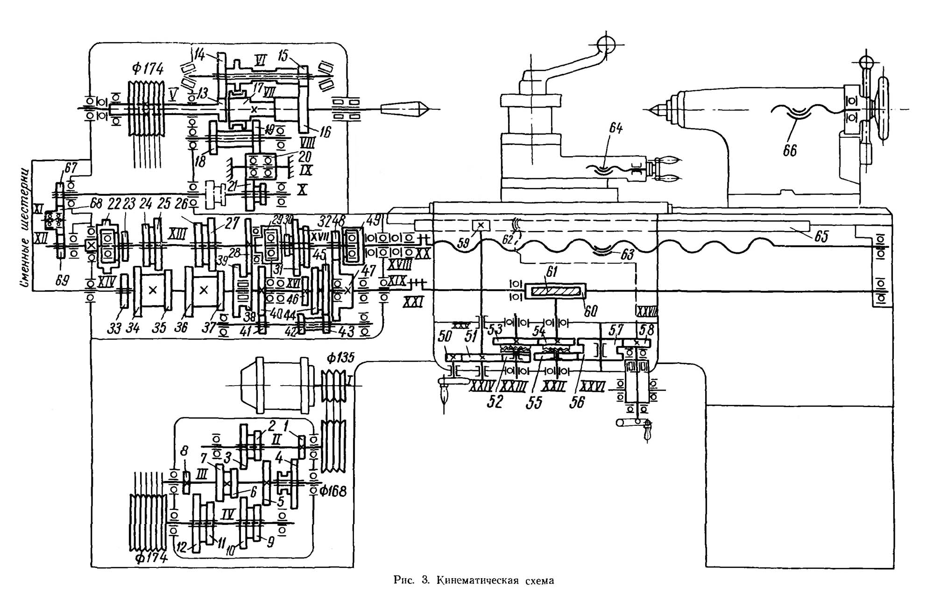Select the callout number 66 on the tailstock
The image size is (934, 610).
click(790, 151)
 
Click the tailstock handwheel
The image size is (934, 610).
click(882, 109)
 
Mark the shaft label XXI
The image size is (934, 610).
click(413, 302)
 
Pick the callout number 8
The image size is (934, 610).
click(185, 451)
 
